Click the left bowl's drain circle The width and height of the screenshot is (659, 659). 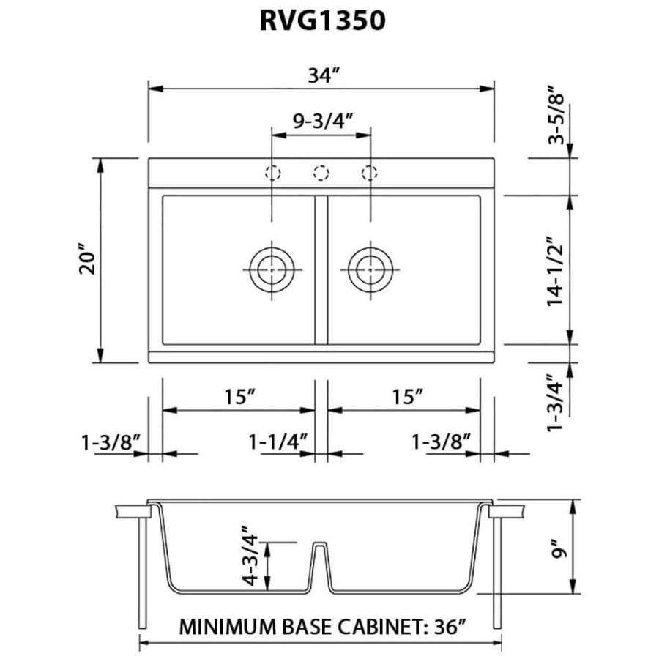(272, 268)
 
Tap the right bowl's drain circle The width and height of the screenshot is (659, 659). (370, 268)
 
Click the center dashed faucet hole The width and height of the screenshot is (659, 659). (321, 174)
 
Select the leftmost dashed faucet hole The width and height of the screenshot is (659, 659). (272, 174)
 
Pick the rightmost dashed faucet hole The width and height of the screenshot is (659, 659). (370, 174)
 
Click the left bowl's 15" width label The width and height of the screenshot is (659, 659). (239, 398)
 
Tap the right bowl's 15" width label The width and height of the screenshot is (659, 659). (408, 398)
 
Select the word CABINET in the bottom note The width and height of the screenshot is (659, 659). (379, 627)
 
